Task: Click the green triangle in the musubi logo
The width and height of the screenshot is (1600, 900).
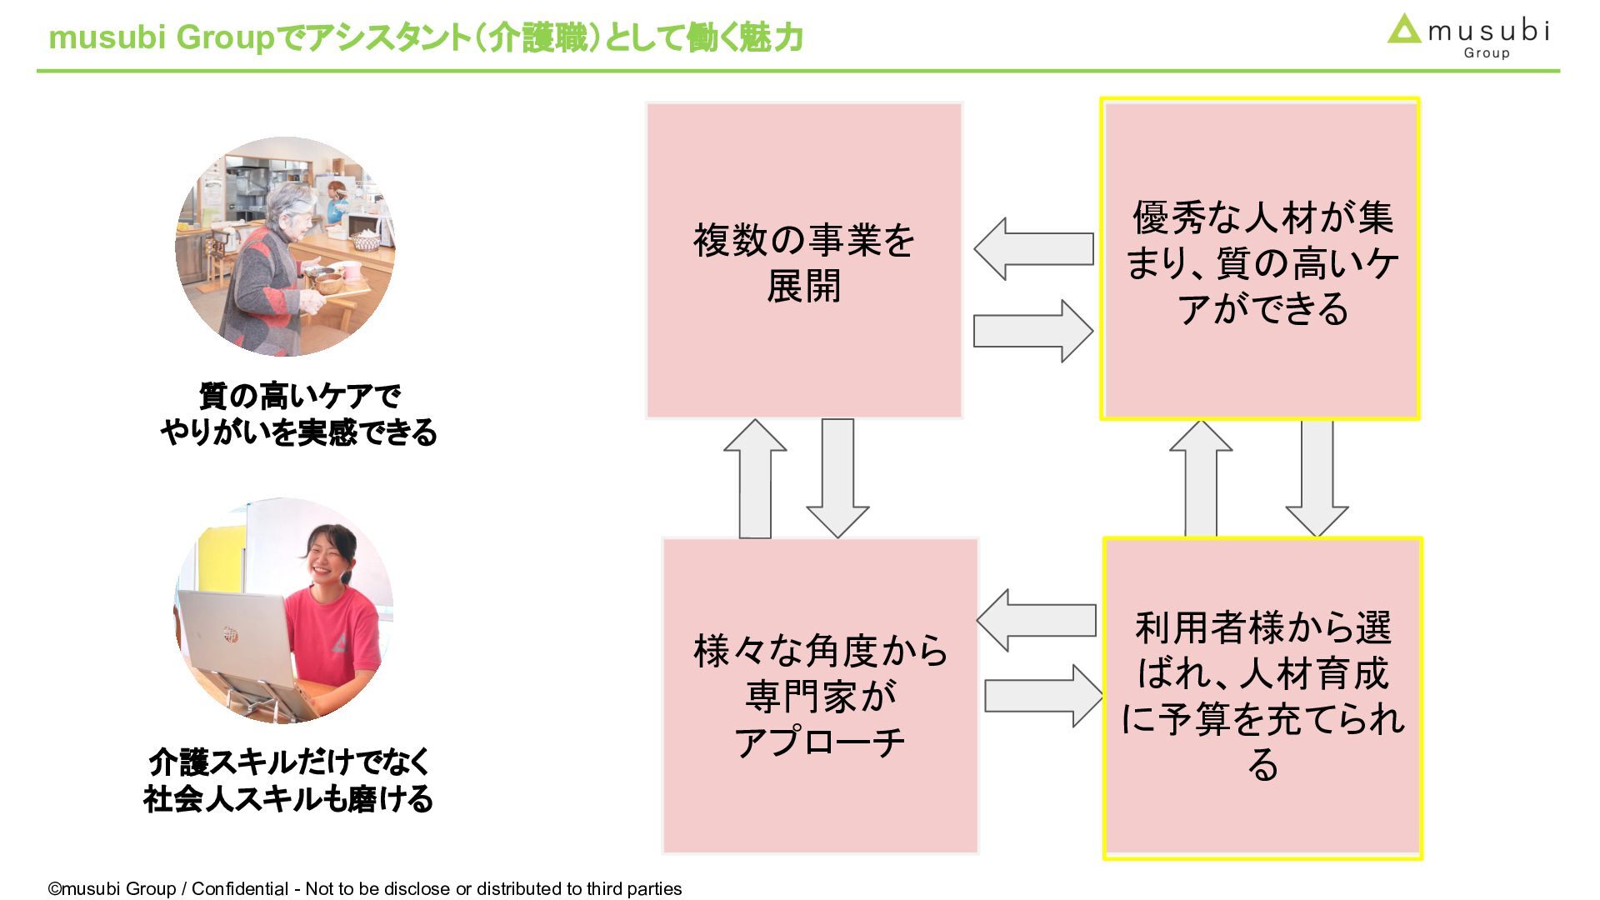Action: [1404, 31]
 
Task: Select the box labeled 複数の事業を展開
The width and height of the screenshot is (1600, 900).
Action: [804, 260]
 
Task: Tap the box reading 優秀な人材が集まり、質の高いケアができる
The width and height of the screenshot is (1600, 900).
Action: [1260, 259]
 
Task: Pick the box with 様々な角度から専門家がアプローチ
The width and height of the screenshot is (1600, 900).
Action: [820, 695]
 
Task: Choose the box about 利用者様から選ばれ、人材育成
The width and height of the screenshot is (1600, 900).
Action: [1262, 697]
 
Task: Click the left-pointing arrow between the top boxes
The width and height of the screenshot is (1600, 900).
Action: [1033, 248]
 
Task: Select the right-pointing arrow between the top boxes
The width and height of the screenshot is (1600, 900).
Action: [1033, 331]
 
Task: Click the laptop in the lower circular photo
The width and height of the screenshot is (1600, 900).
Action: [237, 642]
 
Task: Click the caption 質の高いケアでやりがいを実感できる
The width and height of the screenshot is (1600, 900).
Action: [298, 414]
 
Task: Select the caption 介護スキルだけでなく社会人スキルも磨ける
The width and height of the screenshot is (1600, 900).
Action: [288, 781]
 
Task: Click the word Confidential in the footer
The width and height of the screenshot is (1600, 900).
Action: [240, 888]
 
